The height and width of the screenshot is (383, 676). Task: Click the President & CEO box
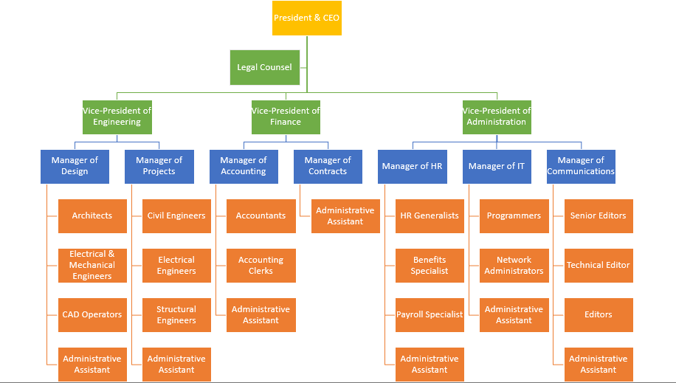307,18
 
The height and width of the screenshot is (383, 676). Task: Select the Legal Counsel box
264,67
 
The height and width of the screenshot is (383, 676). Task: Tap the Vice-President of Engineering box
117,117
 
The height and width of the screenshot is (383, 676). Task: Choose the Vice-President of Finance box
286,117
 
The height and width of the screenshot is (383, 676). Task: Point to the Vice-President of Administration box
497,117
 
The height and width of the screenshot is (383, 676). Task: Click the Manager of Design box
75,166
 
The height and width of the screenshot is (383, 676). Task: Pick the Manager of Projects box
159,166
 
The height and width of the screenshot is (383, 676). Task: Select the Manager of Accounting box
244,166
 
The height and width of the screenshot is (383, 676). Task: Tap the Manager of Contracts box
328,166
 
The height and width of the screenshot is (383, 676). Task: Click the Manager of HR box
412,166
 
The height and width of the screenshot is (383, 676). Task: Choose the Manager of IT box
497,166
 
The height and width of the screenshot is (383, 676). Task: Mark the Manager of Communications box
581,166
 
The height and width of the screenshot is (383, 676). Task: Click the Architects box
92,215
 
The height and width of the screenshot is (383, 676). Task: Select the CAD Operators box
92,314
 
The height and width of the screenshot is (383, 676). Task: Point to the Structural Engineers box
176,314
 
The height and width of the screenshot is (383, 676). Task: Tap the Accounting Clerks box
261,265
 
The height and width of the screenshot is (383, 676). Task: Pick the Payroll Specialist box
430,314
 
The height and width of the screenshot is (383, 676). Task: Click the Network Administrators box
514,265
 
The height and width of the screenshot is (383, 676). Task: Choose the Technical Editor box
599,265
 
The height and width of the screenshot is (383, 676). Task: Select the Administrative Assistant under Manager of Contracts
345,215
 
